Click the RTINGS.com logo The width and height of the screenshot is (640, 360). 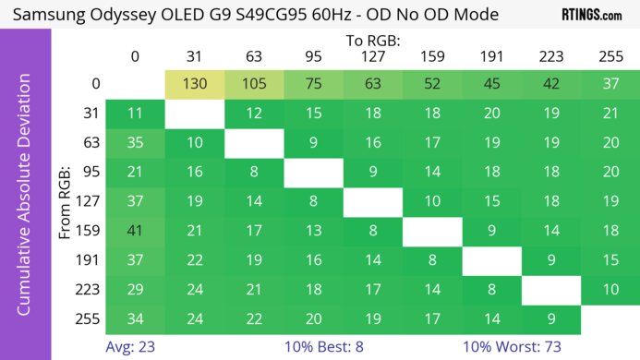coord(592,16)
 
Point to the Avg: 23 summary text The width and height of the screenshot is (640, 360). coord(135,347)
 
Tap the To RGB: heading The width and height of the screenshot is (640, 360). coord(373,41)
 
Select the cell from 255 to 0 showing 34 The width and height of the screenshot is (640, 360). coord(136,318)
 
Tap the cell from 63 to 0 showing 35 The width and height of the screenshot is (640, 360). coord(136,143)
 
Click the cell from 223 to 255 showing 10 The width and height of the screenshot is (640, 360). coord(610,289)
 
